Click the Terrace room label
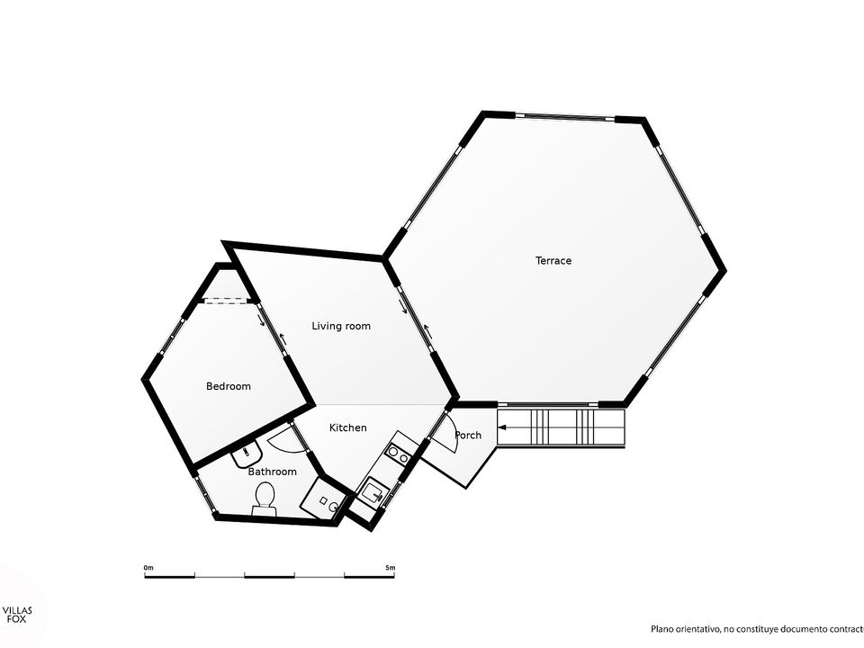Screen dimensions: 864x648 pyautogui.click(x=553, y=261)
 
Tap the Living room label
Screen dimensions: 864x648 pyautogui.click(x=341, y=326)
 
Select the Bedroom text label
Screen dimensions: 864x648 pyautogui.click(x=228, y=386)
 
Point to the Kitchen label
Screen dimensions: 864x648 pyautogui.click(x=347, y=427)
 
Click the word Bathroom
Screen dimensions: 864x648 pyautogui.click(x=272, y=472)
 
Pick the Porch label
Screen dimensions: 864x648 pyautogui.click(x=468, y=436)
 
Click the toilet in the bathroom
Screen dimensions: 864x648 pyautogui.click(x=265, y=498)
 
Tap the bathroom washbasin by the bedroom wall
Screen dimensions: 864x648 pyautogui.click(x=247, y=454)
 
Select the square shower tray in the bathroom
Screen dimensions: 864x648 pyautogui.click(x=324, y=499)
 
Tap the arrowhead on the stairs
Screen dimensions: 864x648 pyautogui.click(x=502, y=427)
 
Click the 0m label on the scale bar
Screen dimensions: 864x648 pyautogui.click(x=148, y=568)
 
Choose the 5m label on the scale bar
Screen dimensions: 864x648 pyautogui.click(x=390, y=568)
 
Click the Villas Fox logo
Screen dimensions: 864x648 pyautogui.click(x=17, y=615)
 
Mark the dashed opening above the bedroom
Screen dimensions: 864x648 pyautogui.click(x=225, y=301)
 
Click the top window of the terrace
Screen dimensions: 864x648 pyautogui.click(x=565, y=116)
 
